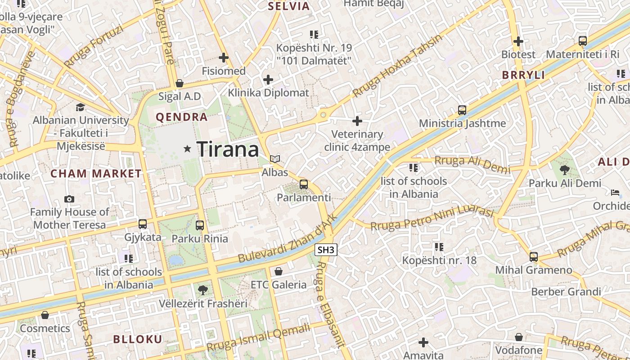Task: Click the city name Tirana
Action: (x=228, y=149)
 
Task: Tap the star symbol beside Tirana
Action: (x=188, y=148)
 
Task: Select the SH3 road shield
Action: (x=326, y=250)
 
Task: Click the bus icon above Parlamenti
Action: (x=304, y=184)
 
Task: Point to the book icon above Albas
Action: (x=275, y=159)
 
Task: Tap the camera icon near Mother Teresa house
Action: (x=69, y=199)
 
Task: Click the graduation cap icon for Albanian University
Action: (x=81, y=107)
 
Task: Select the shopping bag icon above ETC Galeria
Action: (x=279, y=271)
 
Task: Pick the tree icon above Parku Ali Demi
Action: (x=565, y=170)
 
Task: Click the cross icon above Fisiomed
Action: (x=224, y=58)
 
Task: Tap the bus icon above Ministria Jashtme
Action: (x=462, y=110)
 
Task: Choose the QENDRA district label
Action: (x=182, y=117)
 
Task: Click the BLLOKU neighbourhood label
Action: (x=138, y=339)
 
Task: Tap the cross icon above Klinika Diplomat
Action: (x=268, y=80)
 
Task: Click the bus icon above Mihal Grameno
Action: (x=534, y=257)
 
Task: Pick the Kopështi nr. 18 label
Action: (x=439, y=260)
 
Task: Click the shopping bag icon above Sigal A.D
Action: (x=180, y=83)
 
